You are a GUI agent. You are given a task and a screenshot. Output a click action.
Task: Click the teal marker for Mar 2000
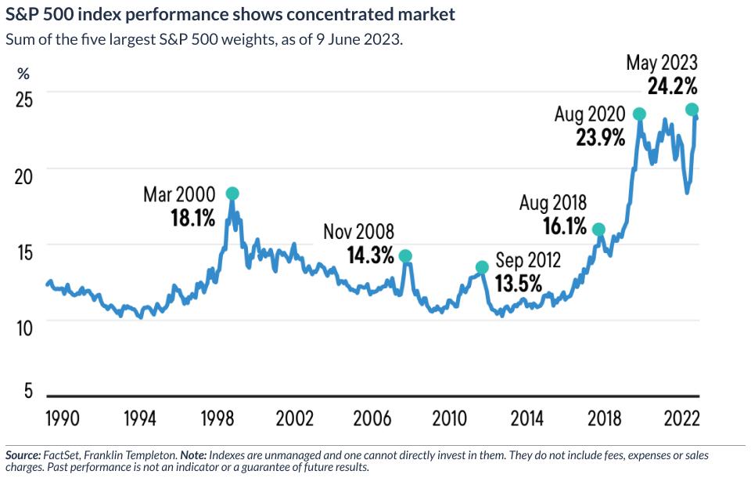[x=232, y=194]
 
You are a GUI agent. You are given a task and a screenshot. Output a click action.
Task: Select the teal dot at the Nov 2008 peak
[x=404, y=256]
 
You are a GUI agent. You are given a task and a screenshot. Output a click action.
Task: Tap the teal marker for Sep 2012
[x=482, y=268]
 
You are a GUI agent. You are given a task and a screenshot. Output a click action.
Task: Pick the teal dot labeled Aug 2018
[x=598, y=230]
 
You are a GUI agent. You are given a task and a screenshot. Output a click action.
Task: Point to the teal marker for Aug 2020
[x=639, y=114]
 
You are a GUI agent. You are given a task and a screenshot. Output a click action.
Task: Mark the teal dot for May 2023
[x=692, y=110]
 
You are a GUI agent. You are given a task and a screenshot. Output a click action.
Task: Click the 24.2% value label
[x=672, y=85]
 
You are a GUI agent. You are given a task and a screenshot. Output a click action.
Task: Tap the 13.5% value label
[x=517, y=283]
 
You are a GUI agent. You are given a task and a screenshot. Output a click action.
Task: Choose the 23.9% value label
[x=600, y=137]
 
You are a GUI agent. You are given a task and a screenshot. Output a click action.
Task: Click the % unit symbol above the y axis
[x=23, y=74]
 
